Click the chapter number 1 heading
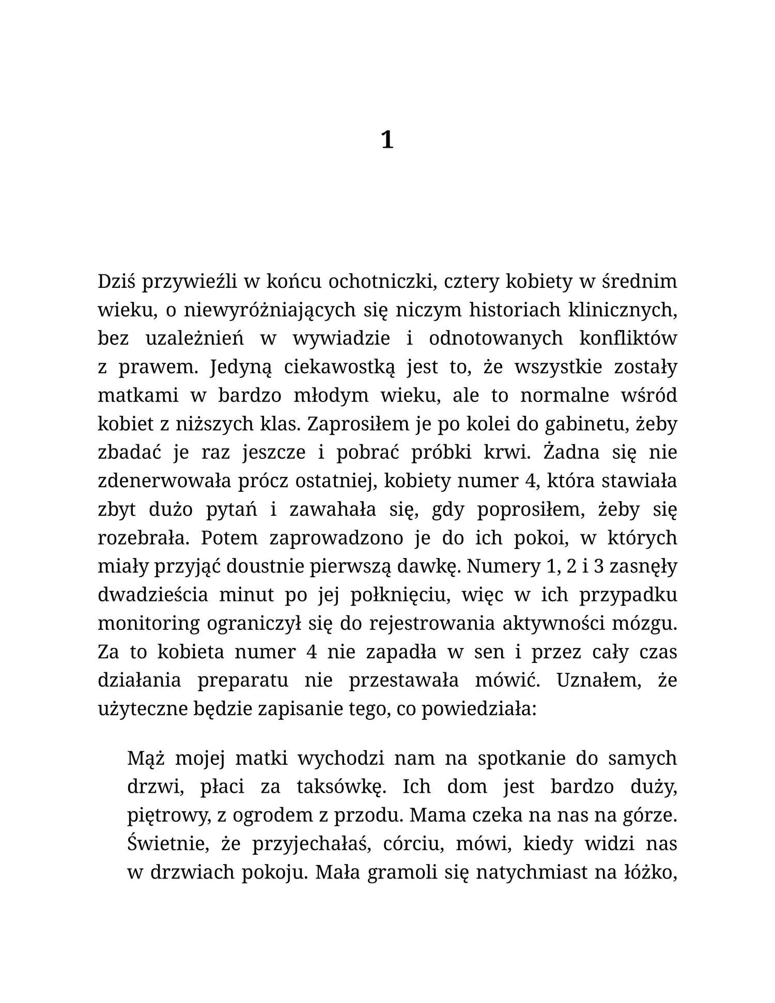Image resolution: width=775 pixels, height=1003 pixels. pos(387,140)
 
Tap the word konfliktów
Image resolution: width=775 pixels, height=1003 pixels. pos(628,338)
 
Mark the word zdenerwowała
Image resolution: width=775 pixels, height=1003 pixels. pos(164,481)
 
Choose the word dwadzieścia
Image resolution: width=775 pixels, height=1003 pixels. pos(153,595)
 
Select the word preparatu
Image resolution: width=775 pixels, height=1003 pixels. pos(243,680)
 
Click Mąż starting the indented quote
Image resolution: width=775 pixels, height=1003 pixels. pos(146,758)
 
